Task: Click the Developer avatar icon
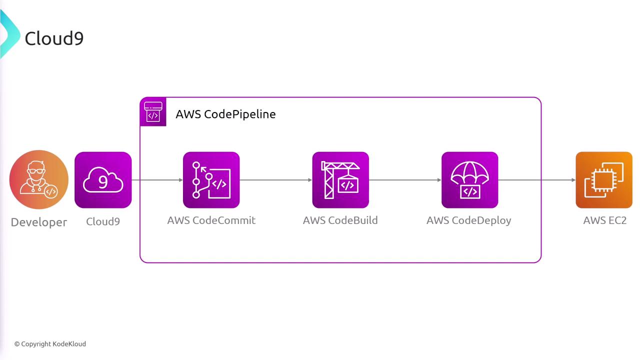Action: pos(38,180)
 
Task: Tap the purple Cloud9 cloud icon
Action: pos(103,180)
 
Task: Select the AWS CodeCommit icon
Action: pos(211,180)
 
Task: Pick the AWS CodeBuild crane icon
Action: pos(340,180)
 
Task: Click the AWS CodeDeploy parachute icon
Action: pos(469,180)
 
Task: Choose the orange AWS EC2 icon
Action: pos(604,180)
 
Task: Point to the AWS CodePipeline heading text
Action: pos(225,114)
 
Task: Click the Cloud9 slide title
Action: pos(54,38)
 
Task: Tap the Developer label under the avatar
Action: pos(39,222)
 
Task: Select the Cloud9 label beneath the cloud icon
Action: pos(103,221)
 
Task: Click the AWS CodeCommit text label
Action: pos(211,220)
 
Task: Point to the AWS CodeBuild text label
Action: pos(340,220)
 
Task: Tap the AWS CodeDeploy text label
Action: pos(468,220)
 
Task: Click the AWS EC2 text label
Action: pos(604,220)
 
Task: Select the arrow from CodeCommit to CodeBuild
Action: pos(276,180)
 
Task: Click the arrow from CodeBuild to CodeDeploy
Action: pos(405,180)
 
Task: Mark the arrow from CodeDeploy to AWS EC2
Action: pos(537,180)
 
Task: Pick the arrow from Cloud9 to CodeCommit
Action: pos(157,180)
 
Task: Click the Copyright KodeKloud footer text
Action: pos(50,344)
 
